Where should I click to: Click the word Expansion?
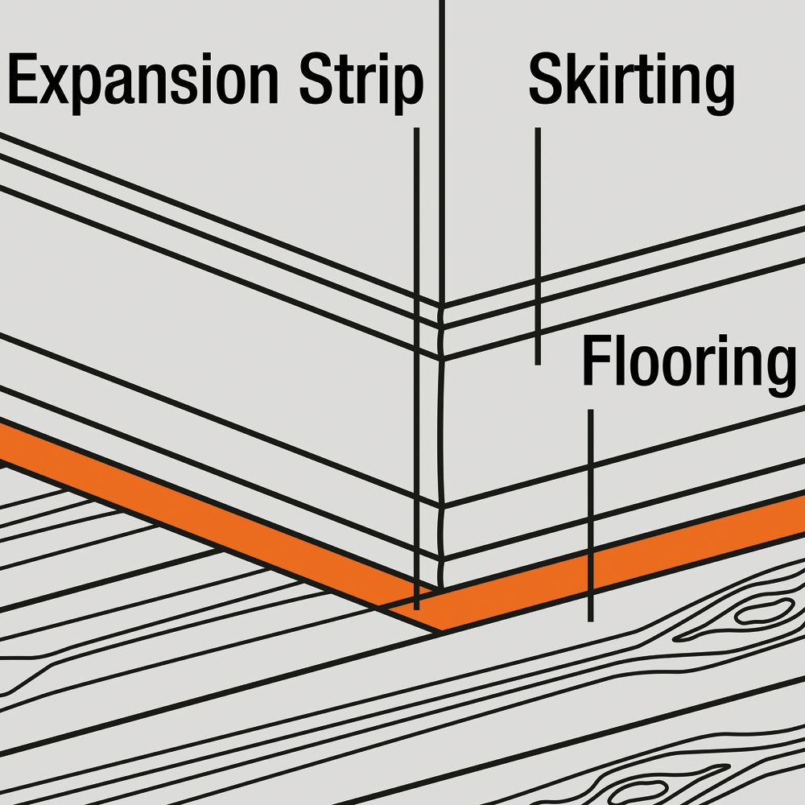(142, 82)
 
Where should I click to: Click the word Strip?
(361, 82)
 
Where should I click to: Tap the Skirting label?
(631, 82)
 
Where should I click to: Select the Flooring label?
(689, 365)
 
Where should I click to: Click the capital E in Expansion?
(23, 78)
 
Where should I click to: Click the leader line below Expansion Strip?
(416, 369)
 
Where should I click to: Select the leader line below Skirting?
(538, 246)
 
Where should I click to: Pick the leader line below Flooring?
(590, 515)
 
